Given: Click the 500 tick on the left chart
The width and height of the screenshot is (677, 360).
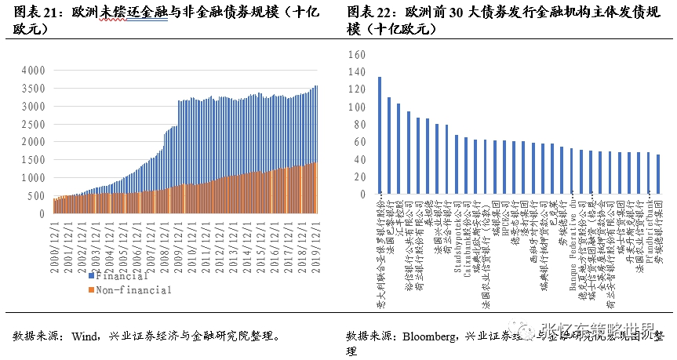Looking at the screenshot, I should click(x=36, y=196).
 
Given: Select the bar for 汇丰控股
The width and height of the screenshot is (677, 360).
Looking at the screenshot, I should click(x=399, y=150).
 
